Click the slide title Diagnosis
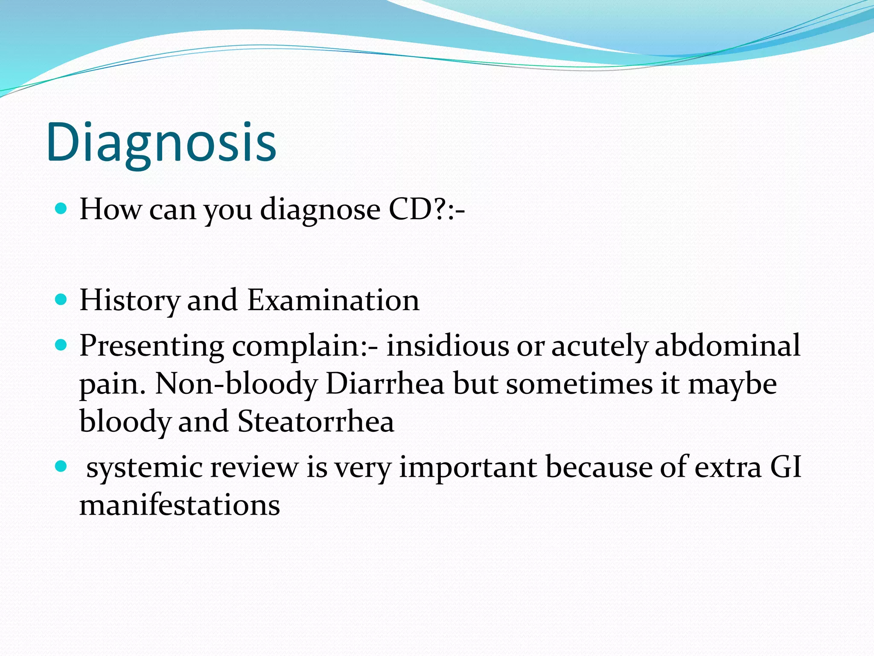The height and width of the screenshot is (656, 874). (x=161, y=142)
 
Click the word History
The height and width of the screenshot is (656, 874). (x=129, y=300)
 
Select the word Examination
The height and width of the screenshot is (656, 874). (x=333, y=300)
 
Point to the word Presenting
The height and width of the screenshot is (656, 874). (x=151, y=346)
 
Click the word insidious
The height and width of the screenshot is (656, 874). (x=448, y=346)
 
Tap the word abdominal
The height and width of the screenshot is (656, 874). (x=727, y=346)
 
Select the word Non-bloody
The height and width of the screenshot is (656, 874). (x=236, y=384)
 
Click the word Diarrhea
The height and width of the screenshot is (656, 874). (x=385, y=384)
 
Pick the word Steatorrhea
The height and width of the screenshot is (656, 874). (x=316, y=422)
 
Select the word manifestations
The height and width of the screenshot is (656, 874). (x=180, y=505)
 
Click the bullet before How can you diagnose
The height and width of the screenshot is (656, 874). (x=61, y=209)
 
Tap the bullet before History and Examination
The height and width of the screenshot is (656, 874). (x=61, y=299)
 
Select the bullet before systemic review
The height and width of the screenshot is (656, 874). (x=61, y=466)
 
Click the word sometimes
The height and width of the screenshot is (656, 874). (x=579, y=384)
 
